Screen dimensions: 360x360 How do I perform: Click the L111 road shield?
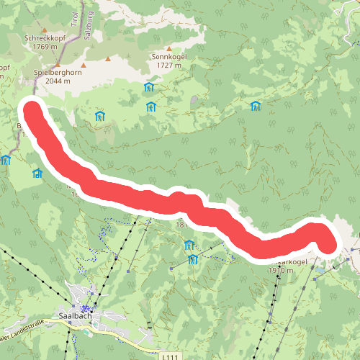(x=170, y=356)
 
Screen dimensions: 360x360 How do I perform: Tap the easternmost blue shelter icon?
(x=255, y=107)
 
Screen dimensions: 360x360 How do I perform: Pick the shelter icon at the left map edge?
(x=6, y=160)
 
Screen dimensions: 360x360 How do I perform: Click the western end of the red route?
(x=32, y=113)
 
